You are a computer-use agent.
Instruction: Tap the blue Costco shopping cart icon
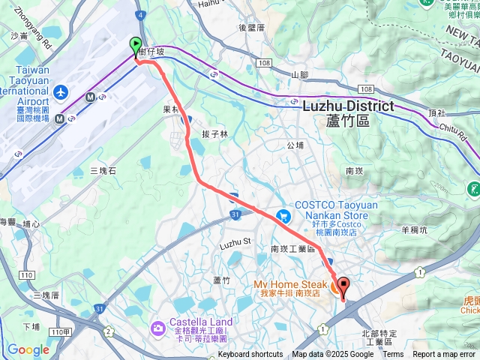point(283,216)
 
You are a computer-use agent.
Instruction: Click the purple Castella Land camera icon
point(157,327)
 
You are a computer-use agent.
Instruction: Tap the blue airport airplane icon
point(60,93)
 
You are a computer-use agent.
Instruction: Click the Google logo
point(28,349)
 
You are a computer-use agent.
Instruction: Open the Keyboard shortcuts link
point(250,355)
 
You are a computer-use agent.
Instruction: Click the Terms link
point(393,355)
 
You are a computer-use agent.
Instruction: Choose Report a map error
point(445,355)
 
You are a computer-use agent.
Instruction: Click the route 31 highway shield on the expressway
point(235,215)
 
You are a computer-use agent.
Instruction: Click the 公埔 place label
point(295,145)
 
